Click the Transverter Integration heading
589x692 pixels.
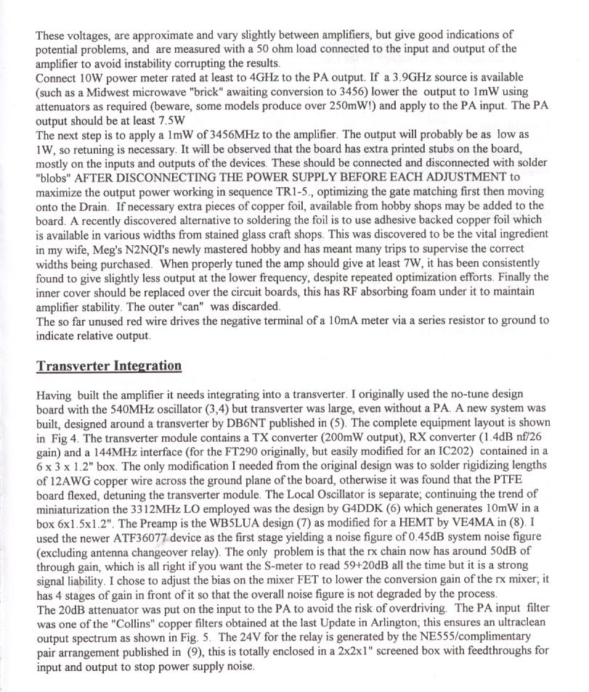tap(109, 365)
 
